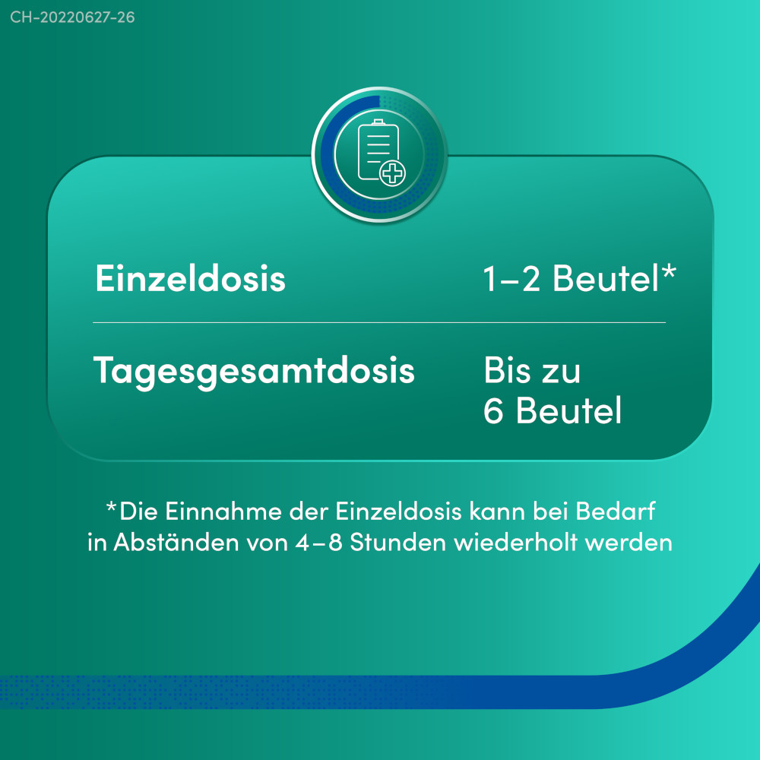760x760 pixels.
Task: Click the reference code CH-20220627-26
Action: pyautogui.click(x=72, y=17)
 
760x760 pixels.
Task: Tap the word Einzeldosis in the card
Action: pyautogui.click(x=191, y=279)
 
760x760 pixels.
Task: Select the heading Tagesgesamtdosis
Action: pyautogui.click(x=254, y=372)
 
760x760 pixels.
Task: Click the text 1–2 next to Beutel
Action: pyautogui.click(x=511, y=279)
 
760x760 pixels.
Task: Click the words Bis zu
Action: pyautogui.click(x=532, y=371)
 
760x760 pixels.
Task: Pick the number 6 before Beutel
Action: pyautogui.click(x=493, y=410)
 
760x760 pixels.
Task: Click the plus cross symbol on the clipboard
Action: pyautogui.click(x=392, y=173)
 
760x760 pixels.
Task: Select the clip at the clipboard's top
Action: pyautogui.click(x=378, y=122)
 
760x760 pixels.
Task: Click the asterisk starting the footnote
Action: pyautogui.click(x=111, y=507)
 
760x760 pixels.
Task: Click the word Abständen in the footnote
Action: pyautogui.click(x=176, y=543)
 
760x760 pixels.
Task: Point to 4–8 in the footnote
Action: pyautogui.click(x=319, y=543)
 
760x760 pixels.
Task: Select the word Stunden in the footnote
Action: pyautogui.click(x=398, y=543)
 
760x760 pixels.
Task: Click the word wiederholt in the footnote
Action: pyautogui.click(x=516, y=543)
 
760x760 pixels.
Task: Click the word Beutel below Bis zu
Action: pyautogui.click(x=568, y=410)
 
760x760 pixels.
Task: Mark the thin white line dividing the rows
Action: pyautogui.click(x=379, y=322)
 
